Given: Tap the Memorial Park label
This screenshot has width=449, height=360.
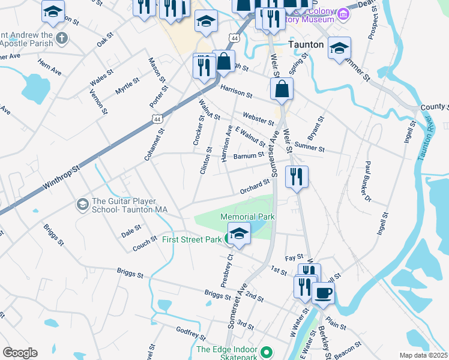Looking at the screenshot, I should pos(247,216).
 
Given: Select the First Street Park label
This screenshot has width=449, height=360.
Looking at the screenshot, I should pos(191,239).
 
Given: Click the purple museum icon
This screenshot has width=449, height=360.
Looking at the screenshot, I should pos(343,13).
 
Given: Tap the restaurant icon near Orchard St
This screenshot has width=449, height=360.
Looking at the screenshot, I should pos(297,176).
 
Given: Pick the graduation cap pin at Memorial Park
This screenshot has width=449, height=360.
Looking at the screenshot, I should pos(239,233).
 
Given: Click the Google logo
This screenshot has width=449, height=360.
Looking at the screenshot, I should pos(20,353).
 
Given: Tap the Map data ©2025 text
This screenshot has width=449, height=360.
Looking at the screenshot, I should pos(423,355).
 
